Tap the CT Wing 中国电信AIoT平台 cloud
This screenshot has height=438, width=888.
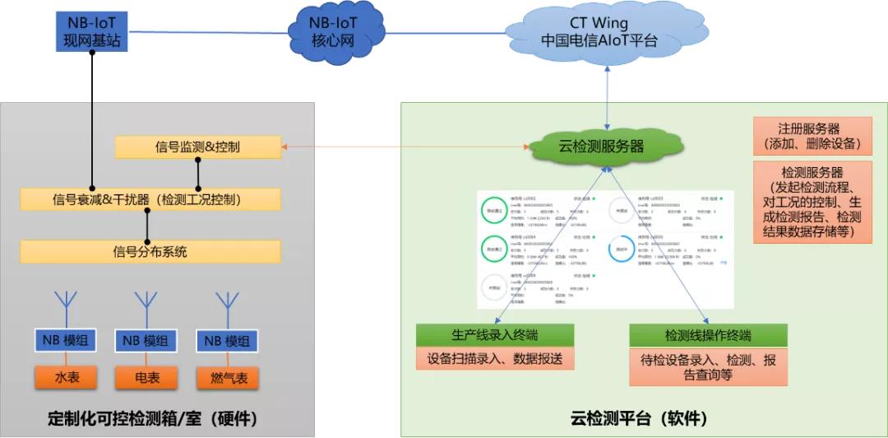coord(599,32)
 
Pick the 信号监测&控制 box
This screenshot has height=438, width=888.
coord(197,147)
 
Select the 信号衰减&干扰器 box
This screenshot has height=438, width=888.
coord(150,199)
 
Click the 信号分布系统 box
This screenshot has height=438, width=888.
coord(150,251)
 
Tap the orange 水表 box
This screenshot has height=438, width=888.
coord(67,378)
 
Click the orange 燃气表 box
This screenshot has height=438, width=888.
coord(227,378)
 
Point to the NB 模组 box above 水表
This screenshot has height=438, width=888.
coord(67,340)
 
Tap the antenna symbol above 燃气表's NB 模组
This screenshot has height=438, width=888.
coord(227,305)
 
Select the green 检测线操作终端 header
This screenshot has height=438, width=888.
coord(708,335)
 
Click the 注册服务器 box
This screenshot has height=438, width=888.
coord(812,137)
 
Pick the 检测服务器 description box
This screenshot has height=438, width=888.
coord(812,203)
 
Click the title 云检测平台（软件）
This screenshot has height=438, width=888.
coord(639,418)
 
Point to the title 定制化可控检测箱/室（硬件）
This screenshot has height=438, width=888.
coord(155,418)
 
